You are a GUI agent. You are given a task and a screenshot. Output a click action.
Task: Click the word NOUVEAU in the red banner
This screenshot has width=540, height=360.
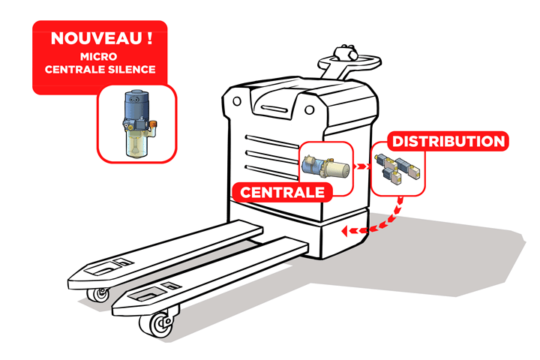pos(96,38)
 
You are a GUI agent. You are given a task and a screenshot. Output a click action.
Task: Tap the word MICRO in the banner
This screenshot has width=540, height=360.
pos(99,56)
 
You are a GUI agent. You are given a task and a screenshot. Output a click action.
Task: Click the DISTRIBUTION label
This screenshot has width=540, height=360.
pos(448,141)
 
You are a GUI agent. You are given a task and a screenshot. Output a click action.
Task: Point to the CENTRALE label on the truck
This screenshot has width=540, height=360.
pos(283,192)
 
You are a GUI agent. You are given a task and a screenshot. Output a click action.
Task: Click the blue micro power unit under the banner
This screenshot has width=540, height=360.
pos(139,123)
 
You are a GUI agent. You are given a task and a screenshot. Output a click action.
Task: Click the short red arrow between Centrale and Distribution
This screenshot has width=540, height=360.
pos(362,166)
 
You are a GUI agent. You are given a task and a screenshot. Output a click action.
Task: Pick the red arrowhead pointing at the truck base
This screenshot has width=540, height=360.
pos(345,231)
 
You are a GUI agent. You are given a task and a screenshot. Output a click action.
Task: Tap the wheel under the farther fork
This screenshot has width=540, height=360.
pos(99,295)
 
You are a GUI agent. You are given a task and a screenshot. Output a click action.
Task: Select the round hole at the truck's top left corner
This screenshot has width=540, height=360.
pos(237,101)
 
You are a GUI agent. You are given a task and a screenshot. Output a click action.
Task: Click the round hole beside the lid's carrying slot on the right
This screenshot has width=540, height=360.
pos(309,110)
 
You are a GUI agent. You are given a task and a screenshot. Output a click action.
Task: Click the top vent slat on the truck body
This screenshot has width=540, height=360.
pos(271,141)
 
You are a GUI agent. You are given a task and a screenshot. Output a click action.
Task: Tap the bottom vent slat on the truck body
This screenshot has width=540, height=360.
pos(271,172)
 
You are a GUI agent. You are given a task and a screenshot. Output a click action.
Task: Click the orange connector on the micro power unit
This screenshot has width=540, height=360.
pos(153,124)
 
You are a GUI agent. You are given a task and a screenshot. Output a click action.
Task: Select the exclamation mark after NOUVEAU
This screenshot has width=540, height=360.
pos(149,37)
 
